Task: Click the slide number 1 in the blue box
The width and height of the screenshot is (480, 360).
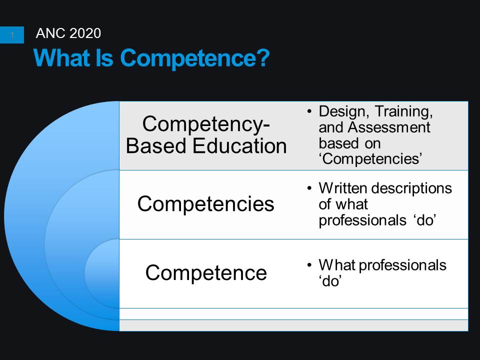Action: click(12, 35)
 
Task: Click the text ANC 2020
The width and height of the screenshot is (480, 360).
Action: click(68, 33)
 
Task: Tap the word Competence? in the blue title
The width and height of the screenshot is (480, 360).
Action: click(195, 58)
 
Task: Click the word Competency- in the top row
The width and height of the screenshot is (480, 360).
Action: click(206, 124)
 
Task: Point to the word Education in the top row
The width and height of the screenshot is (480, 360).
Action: click(239, 145)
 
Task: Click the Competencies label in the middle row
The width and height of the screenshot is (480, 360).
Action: click(205, 204)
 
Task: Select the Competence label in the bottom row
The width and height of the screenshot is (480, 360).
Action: click(206, 273)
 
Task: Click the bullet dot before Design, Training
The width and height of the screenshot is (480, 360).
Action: click(309, 111)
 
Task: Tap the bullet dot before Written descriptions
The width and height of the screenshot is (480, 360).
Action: click(309, 188)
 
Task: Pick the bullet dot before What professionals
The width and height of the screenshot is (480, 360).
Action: click(309, 265)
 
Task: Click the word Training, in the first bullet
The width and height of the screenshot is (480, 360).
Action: click(404, 111)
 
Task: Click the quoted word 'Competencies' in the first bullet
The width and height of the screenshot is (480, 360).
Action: click(370, 159)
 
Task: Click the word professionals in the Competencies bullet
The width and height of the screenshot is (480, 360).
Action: click(362, 220)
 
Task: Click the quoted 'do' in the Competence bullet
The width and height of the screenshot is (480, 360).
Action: click(329, 281)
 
